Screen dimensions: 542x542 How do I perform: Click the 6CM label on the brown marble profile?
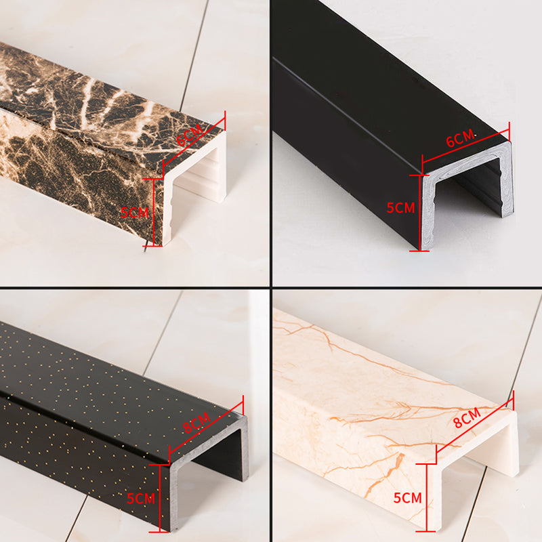pyautogui.click(x=190, y=134)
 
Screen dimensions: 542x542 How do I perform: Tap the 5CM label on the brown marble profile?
pyautogui.click(x=134, y=212)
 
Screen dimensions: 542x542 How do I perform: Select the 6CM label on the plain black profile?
pyautogui.click(x=460, y=138)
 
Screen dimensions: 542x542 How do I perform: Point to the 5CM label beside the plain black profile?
pyautogui.click(x=400, y=208)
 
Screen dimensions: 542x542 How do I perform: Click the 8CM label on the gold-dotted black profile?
pyautogui.click(x=196, y=422)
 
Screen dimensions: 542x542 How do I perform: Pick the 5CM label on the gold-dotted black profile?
pyautogui.click(x=141, y=499)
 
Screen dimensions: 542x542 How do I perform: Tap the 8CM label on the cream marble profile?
pyautogui.click(x=467, y=417)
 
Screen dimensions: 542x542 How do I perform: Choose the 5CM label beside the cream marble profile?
pyautogui.click(x=408, y=498)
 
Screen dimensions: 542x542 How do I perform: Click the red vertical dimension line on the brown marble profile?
pyautogui.click(x=153, y=212)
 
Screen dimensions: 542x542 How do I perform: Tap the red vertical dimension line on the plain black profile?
pyautogui.click(x=419, y=213)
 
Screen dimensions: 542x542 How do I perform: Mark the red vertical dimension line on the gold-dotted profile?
pyautogui.click(x=159, y=498)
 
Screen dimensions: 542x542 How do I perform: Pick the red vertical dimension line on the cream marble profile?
pyautogui.click(x=426, y=497)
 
